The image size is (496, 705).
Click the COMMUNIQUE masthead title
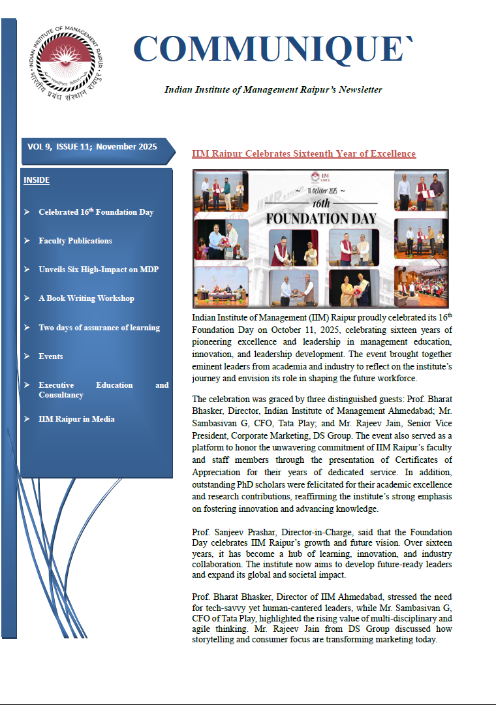[273, 50]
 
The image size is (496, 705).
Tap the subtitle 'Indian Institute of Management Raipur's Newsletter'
[273, 89]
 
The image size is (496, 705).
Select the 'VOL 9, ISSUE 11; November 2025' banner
[92, 147]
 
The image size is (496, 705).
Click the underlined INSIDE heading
[37, 180]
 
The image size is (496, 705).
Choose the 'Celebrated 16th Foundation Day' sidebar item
[96, 211]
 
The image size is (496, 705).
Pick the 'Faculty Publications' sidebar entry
[75, 241]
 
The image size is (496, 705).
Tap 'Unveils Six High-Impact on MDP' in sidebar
[99, 270]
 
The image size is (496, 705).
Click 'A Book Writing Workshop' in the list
[86, 298]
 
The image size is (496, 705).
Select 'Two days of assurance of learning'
[99, 327]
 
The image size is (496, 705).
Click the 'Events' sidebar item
[51, 356]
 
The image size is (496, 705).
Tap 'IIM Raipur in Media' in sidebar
[76, 419]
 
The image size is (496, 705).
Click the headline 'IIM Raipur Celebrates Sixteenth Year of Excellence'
[303, 154]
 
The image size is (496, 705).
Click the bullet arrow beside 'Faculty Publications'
[27, 241]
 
